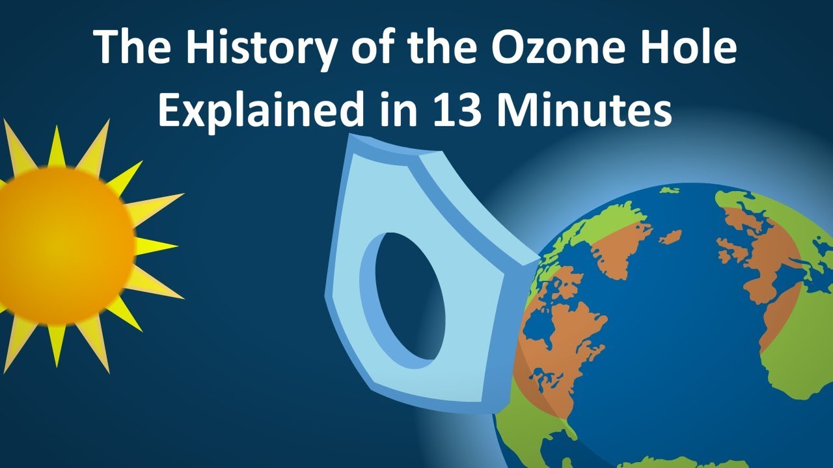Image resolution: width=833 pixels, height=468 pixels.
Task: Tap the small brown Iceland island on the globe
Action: pos(670,237)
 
